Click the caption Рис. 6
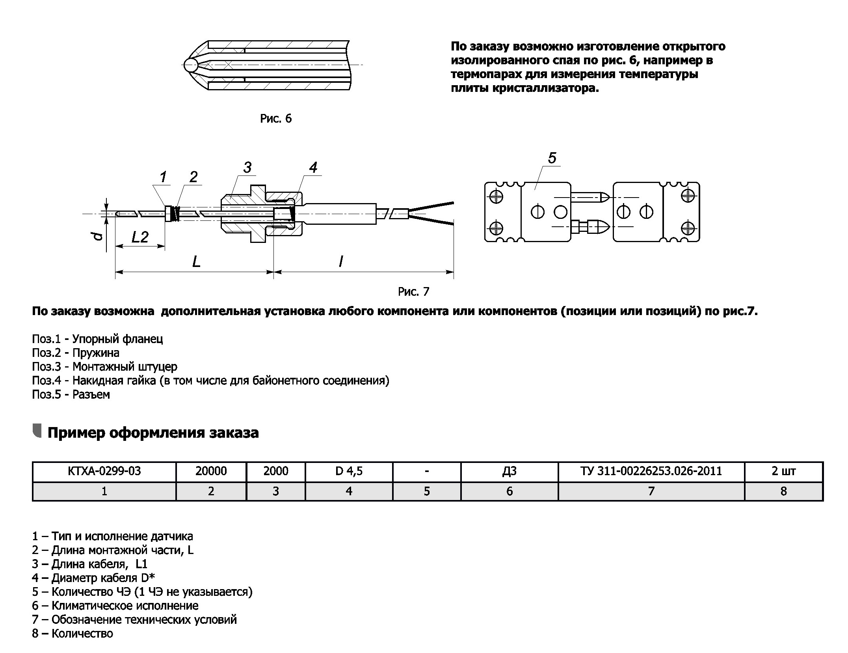(x=276, y=119)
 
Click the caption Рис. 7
(x=413, y=292)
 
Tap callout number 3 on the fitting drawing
(x=247, y=167)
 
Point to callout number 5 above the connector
(x=552, y=158)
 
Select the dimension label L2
(x=140, y=237)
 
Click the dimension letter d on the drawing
(x=99, y=236)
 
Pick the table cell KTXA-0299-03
(x=104, y=471)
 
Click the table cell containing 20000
(x=211, y=471)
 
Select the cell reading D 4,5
(x=349, y=471)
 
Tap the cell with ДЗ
(x=509, y=471)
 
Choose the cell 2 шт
(x=783, y=471)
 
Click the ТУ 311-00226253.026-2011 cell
(x=651, y=471)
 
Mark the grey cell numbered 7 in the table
(x=651, y=491)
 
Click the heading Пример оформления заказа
(x=153, y=433)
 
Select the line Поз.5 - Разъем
(x=71, y=395)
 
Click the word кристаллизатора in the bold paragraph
(x=545, y=88)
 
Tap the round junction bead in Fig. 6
(x=190, y=65)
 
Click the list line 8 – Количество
(x=73, y=633)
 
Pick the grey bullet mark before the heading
(x=37, y=431)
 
